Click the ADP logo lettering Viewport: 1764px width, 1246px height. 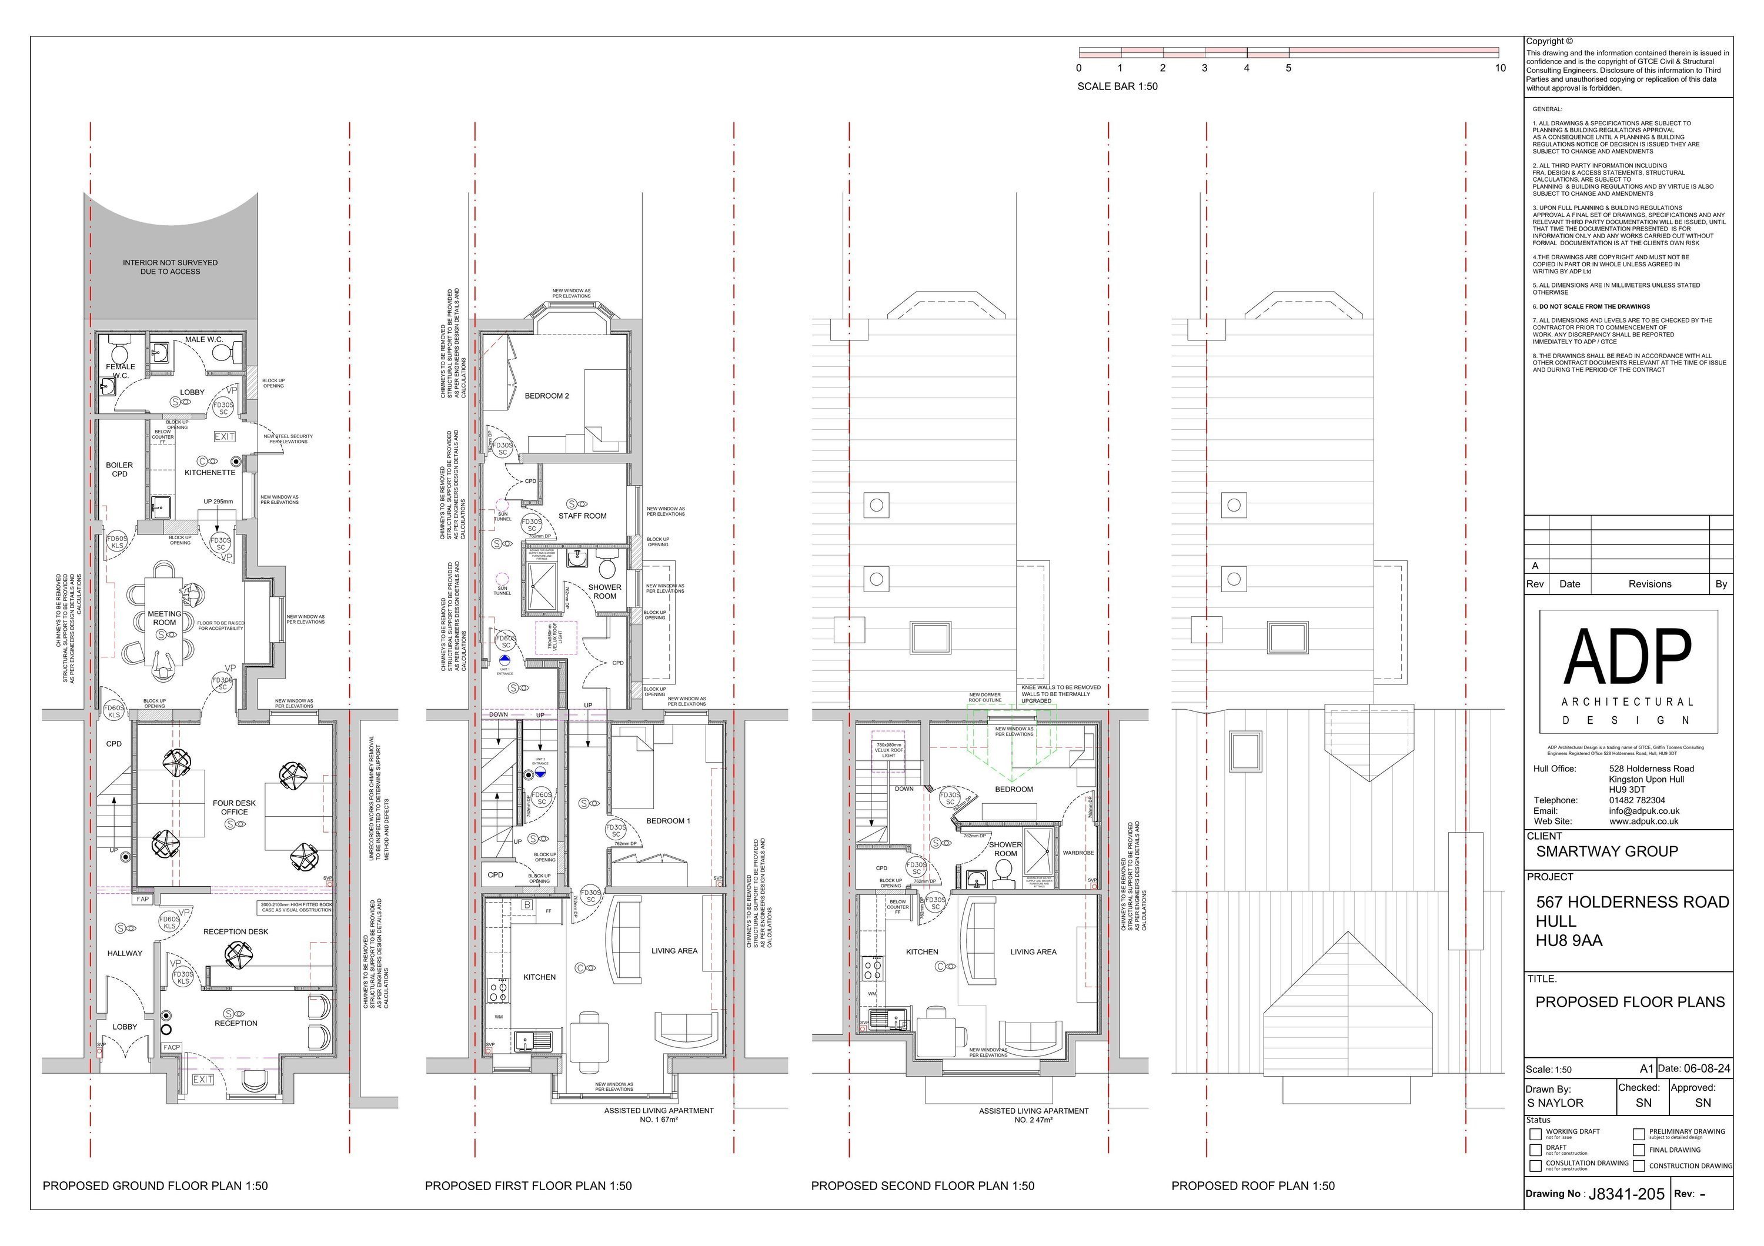(x=1627, y=657)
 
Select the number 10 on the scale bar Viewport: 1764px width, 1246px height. (x=1500, y=68)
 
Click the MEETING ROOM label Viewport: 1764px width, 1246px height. (x=165, y=619)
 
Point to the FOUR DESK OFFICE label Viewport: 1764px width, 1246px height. (x=235, y=807)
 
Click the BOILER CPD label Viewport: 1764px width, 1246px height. (x=119, y=469)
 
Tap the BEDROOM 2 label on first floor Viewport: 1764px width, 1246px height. (x=546, y=396)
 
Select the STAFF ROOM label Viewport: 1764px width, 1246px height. (x=582, y=516)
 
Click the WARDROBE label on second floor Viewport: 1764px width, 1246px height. (x=1078, y=853)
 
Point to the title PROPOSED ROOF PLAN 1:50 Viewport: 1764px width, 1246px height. (x=1252, y=1186)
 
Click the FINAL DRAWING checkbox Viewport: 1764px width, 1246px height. (x=1639, y=1150)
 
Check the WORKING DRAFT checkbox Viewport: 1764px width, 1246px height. (x=1535, y=1134)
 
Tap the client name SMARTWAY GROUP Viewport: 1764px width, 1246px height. (x=1606, y=851)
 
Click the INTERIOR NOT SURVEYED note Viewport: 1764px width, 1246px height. (x=170, y=268)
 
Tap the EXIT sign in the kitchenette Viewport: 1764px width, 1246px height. (x=225, y=436)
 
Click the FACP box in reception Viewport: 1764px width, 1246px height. (x=171, y=1047)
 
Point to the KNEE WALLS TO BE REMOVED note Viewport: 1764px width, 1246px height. (x=1060, y=694)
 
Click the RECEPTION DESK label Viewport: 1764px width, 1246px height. (x=235, y=932)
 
